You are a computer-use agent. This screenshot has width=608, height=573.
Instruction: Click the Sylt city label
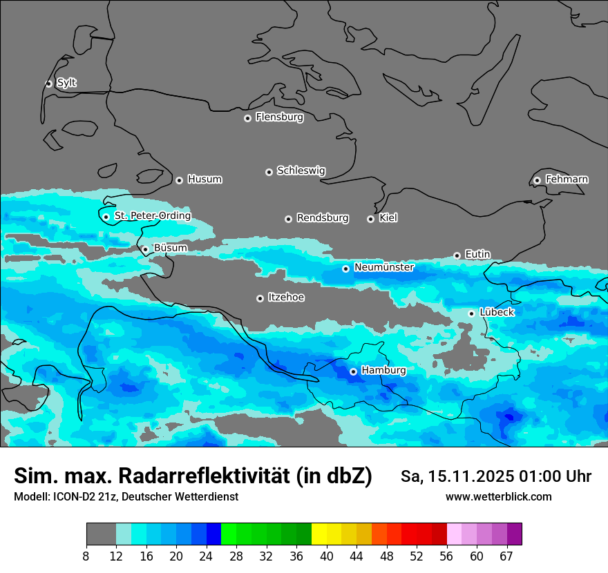point(66,83)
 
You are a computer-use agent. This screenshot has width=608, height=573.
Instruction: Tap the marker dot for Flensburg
point(247,118)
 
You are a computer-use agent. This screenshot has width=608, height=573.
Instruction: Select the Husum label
point(205,179)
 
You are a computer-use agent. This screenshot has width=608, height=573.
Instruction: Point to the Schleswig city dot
point(269,172)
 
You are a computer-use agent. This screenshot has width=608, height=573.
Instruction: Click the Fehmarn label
point(567,179)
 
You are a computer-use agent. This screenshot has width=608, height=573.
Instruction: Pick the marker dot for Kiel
point(370,219)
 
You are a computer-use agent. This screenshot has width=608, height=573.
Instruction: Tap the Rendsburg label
point(323,218)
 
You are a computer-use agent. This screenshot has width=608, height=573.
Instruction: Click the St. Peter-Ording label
point(152,216)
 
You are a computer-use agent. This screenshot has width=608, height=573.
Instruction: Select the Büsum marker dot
point(145,249)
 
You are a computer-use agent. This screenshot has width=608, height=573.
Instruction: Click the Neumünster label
point(384,267)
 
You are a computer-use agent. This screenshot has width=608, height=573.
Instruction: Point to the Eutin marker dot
point(457,255)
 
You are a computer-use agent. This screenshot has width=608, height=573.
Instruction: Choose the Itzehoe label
point(286,298)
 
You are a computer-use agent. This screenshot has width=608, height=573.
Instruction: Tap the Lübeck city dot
point(471,313)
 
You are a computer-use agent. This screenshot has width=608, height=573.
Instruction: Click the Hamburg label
point(383,371)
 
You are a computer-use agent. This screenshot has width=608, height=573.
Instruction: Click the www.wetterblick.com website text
point(498,496)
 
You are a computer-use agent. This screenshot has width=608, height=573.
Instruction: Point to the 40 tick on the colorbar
point(327,556)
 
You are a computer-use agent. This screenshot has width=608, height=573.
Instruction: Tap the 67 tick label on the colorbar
point(506,556)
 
